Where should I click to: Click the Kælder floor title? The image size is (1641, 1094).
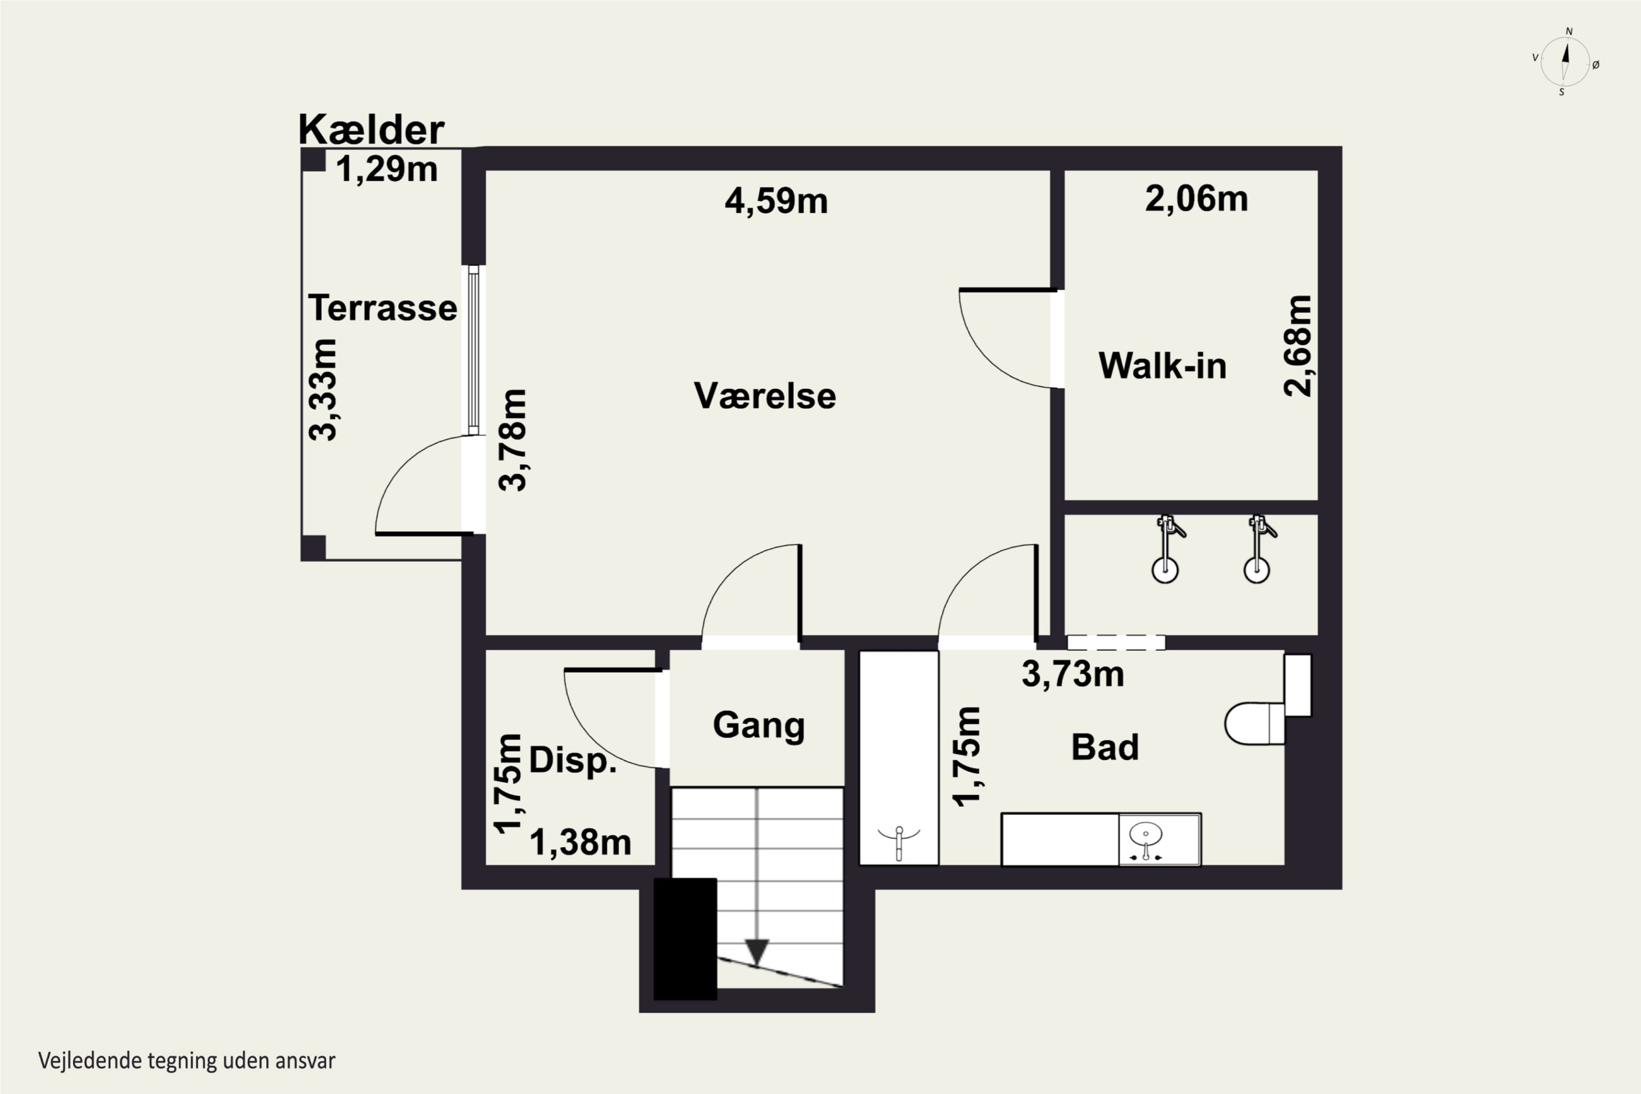pyautogui.click(x=371, y=129)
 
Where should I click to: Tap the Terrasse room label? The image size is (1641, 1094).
pyautogui.click(x=382, y=307)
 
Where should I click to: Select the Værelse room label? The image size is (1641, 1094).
pyautogui.click(x=765, y=395)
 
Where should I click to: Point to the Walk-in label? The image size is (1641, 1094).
pyautogui.click(x=1162, y=365)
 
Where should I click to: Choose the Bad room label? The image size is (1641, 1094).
pyautogui.click(x=1105, y=747)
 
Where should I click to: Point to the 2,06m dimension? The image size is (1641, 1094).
pyautogui.click(x=1196, y=199)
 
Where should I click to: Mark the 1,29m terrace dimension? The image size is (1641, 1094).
pyautogui.click(x=387, y=170)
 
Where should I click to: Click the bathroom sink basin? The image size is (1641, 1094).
pyautogui.click(x=1145, y=833)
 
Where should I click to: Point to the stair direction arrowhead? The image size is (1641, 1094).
pyautogui.click(x=757, y=952)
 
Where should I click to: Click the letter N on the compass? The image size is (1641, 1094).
pyautogui.click(x=1569, y=31)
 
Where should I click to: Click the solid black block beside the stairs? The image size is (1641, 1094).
pyautogui.click(x=685, y=939)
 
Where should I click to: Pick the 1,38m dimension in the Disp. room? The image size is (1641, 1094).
pyautogui.click(x=580, y=843)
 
